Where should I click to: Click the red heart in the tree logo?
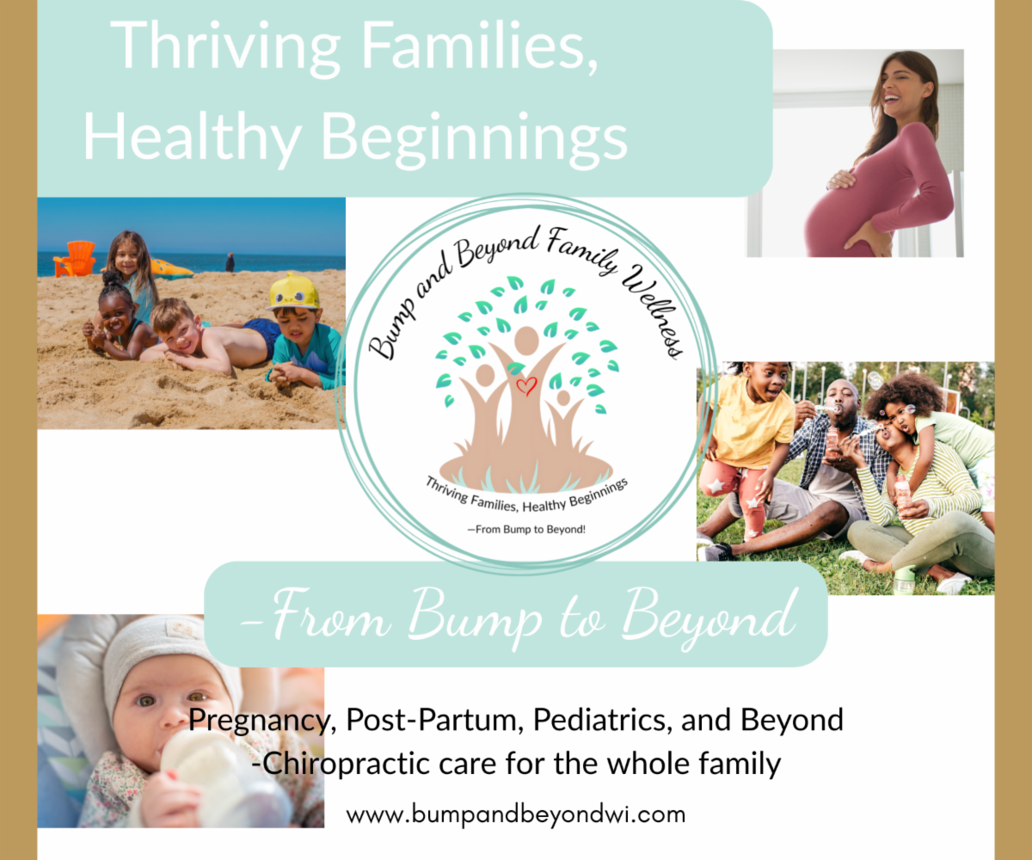tap(526, 386)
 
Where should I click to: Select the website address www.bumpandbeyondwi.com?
tap(515, 814)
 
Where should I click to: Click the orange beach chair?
tap(75, 258)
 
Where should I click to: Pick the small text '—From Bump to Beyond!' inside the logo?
tap(526, 530)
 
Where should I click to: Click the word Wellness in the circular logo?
tap(654, 310)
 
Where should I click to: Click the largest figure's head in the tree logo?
tap(526, 341)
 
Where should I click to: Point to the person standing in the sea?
tap(230, 262)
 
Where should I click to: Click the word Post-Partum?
tap(434, 720)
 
